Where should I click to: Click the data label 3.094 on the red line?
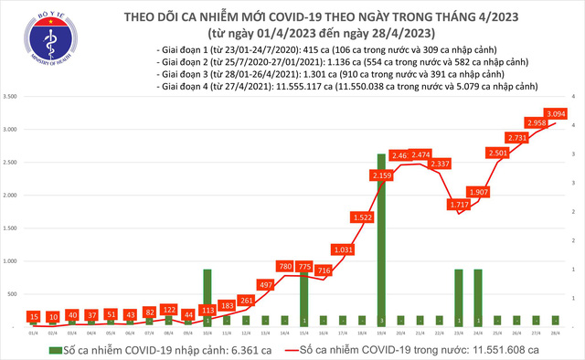tap(558, 113)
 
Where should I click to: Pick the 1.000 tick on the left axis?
tap(12, 261)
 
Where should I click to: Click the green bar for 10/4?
tap(206, 298)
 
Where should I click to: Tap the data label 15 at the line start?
tap(33, 315)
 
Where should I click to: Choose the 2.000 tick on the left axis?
tap(12, 196)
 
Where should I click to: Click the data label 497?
tap(265, 285)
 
